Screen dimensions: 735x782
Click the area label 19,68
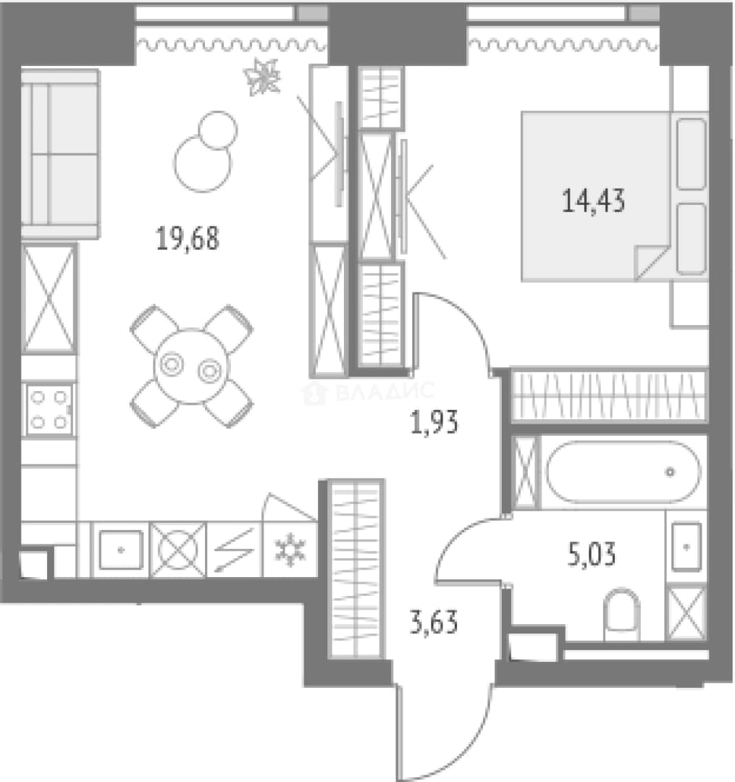(188, 238)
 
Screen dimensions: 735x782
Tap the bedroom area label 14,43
(593, 201)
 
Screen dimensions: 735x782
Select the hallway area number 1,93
(434, 423)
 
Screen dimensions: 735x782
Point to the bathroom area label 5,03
(592, 555)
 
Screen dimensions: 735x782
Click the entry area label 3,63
(434, 623)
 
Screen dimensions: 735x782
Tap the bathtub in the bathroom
(623, 472)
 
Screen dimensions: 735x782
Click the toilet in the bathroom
(622, 615)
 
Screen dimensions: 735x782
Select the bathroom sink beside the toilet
(686, 547)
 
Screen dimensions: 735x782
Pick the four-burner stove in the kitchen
(49, 409)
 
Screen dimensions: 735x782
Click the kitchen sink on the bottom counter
(121, 550)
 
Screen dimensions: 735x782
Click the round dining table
(192, 367)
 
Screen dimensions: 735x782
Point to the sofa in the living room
(60, 154)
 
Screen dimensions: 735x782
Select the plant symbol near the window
(262, 77)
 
